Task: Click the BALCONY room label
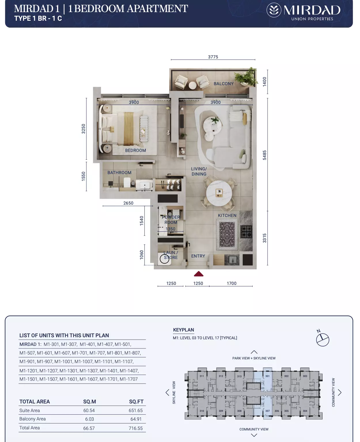coord(223,84)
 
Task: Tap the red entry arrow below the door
coord(198,274)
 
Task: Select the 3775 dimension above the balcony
coord(213,57)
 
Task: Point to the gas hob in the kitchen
coord(246,232)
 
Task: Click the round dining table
coord(219,193)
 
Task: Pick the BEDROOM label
coord(135,150)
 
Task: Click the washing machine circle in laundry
coord(164,259)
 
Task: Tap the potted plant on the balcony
coord(246,77)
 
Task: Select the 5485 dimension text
coord(264,155)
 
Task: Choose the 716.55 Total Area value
coord(136,428)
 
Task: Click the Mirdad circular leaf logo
coord(274,10)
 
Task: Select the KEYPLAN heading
coord(183,330)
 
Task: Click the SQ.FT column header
coord(136,401)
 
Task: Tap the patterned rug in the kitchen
coord(227,235)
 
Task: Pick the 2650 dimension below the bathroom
coord(128,203)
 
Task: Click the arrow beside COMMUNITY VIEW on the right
coord(340,393)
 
